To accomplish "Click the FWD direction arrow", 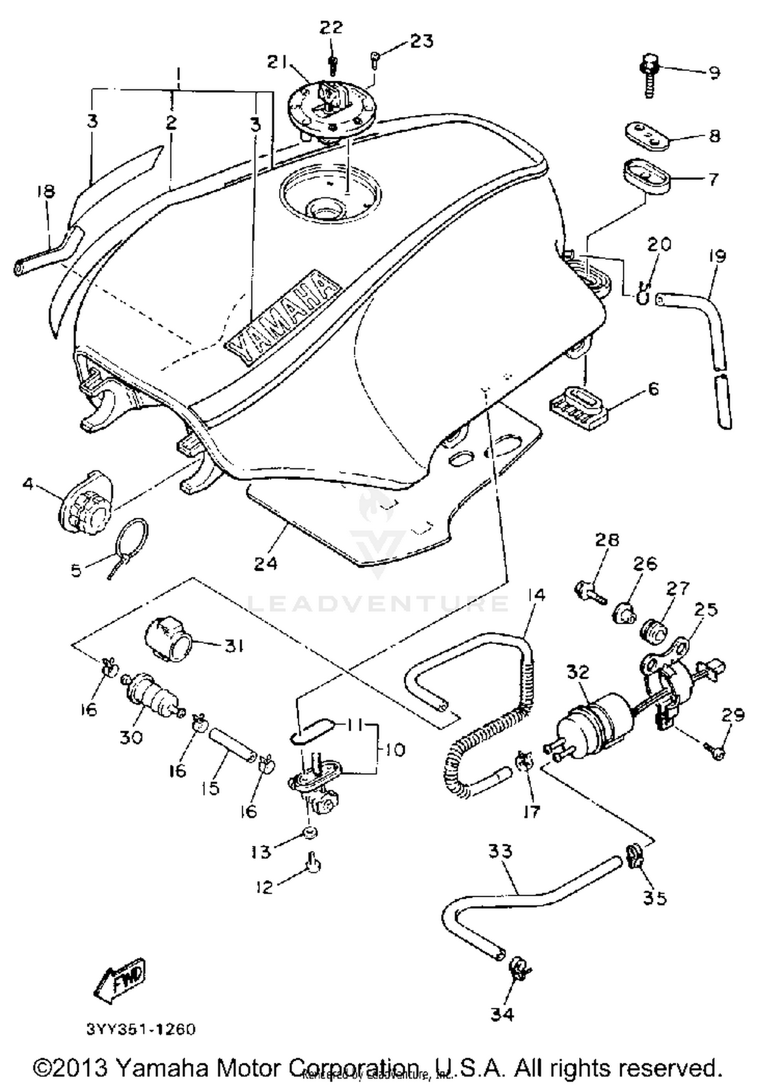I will point(120,980).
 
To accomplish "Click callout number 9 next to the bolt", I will point(714,73).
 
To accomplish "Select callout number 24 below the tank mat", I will point(266,563).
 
